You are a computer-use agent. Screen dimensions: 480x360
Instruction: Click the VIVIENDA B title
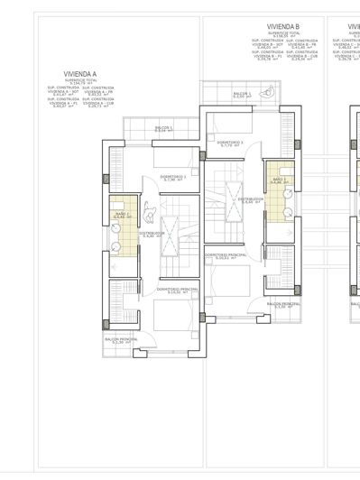(283, 27)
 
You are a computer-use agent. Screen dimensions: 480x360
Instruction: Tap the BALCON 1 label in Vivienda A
(163, 129)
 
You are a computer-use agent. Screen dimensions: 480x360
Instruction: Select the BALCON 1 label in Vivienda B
(240, 94)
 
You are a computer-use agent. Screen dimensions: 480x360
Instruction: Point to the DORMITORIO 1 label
(173, 177)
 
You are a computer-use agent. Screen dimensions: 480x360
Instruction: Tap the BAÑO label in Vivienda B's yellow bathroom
(279, 180)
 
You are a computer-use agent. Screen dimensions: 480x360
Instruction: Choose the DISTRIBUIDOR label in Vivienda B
(252, 199)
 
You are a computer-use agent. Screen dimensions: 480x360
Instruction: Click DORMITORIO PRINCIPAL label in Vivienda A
(177, 290)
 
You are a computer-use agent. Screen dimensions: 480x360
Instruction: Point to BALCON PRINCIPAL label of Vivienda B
(282, 305)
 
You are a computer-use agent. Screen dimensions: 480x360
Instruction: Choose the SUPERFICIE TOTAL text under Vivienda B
(282, 34)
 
